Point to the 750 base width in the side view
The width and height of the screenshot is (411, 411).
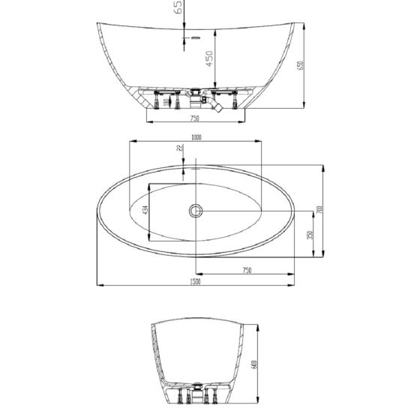pos(193,118)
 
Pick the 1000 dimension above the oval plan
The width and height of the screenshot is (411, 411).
pos(196,137)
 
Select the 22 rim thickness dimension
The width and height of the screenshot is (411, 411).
pos(179,149)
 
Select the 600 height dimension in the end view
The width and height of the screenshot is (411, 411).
pos(255,367)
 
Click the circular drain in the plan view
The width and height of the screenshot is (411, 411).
pos(196,211)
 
